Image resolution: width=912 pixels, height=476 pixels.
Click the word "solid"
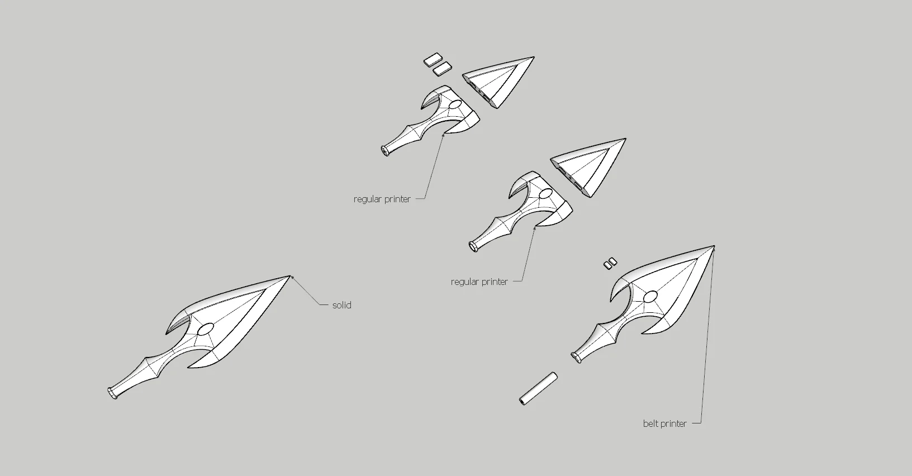click(341, 305)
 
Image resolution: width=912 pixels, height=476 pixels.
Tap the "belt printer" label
click(665, 423)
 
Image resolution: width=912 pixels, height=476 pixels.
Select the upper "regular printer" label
click(382, 199)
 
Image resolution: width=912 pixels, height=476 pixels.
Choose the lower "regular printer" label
click(479, 282)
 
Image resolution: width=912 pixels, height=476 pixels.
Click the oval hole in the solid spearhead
click(206, 329)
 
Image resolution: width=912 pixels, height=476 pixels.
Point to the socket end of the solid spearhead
click(112, 393)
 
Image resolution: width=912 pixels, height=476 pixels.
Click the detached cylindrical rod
click(538, 388)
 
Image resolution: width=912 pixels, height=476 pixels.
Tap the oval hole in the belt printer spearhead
click(650, 296)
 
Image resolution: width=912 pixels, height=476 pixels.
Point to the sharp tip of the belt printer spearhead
click(714, 246)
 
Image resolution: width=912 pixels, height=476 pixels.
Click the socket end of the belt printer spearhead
click(576, 357)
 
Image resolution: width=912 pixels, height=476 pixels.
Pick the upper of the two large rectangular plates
click(433, 59)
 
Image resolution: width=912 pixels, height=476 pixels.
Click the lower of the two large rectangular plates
click(441, 69)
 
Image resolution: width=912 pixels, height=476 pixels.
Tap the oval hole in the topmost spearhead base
click(455, 104)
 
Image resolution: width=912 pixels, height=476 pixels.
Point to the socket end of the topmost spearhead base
click(385, 150)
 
